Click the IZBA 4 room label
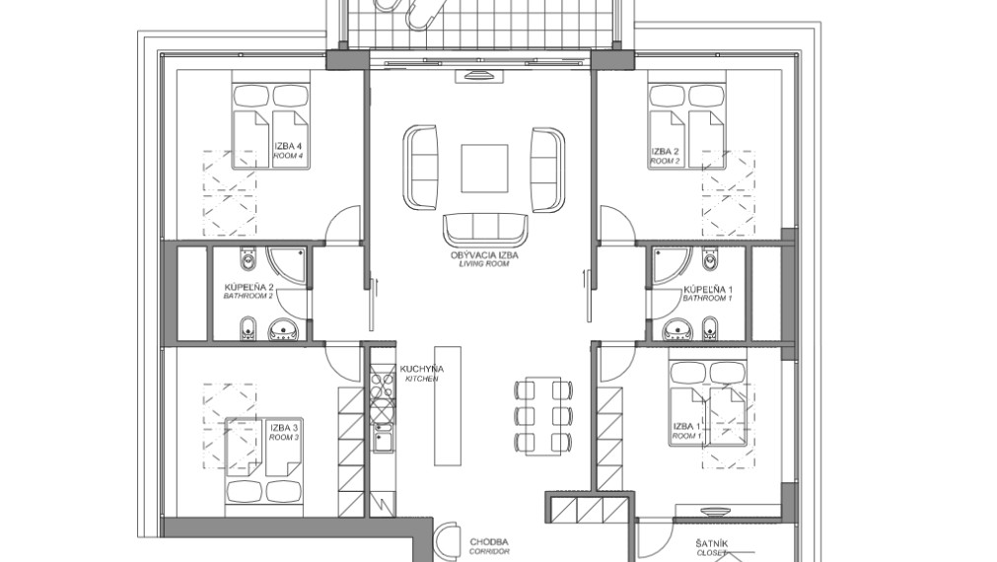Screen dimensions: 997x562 (x=288, y=150)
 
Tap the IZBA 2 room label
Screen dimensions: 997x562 (x=665, y=156)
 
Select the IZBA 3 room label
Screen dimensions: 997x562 (x=284, y=432)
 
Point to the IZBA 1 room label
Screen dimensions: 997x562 (x=686, y=431)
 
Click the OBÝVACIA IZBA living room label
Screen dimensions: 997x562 (x=484, y=258)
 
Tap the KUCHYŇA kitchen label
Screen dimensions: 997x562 (x=422, y=373)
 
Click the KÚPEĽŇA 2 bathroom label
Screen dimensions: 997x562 (x=249, y=291)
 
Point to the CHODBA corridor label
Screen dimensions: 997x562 (x=489, y=546)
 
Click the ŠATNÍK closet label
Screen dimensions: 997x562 (x=711, y=548)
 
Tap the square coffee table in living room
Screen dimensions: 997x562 (x=484, y=169)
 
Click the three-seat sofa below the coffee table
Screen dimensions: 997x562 (x=486, y=230)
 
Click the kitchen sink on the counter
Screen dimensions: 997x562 (x=383, y=440)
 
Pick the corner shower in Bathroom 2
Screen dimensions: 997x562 (x=287, y=266)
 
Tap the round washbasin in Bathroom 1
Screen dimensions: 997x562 (x=677, y=330)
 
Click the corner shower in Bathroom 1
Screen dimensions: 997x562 (x=667, y=266)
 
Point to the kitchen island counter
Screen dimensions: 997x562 (x=448, y=405)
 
